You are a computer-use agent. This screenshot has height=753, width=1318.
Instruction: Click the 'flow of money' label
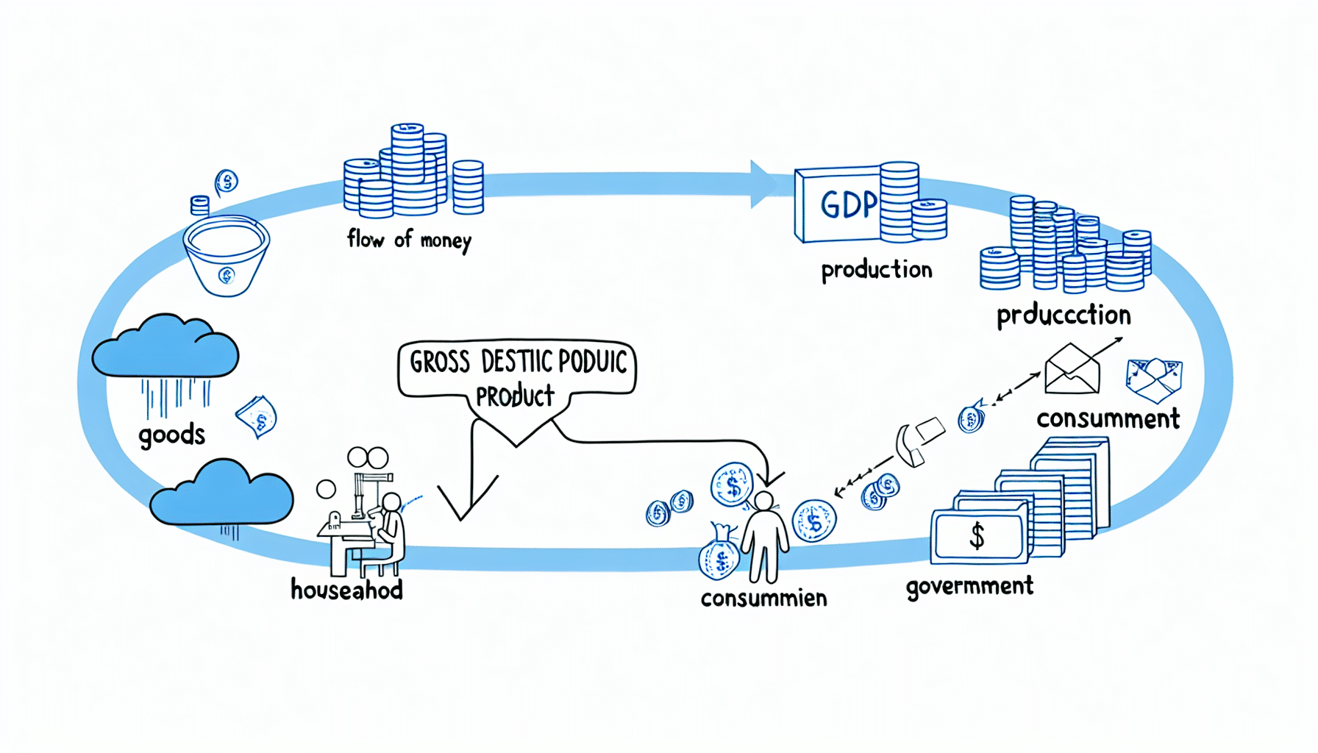[x=409, y=240]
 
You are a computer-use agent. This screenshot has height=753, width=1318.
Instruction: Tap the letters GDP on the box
[x=849, y=204]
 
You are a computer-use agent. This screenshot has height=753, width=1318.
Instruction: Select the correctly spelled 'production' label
[x=877, y=271]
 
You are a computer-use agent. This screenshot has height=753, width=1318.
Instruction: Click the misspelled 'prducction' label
[x=1064, y=315]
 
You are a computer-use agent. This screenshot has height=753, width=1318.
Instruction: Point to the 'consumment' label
[x=1108, y=419]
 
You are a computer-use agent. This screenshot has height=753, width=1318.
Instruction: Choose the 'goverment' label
[x=969, y=587]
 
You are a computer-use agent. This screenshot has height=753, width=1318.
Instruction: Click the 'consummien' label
[x=763, y=599]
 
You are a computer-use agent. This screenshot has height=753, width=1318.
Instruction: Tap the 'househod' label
[x=346, y=590]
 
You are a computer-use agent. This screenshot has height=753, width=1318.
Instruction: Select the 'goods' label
[x=171, y=435]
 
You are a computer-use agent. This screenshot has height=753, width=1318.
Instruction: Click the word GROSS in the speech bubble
[x=440, y=363]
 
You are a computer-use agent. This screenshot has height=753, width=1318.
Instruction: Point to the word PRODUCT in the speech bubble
[x=515, y=397]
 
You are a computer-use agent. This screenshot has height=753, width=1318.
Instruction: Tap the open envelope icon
[x=1072, y=369]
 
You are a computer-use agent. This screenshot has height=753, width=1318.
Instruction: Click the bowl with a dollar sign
[x=227, y=254]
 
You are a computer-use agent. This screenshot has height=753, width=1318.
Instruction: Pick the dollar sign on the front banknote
[x=977, y=536]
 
